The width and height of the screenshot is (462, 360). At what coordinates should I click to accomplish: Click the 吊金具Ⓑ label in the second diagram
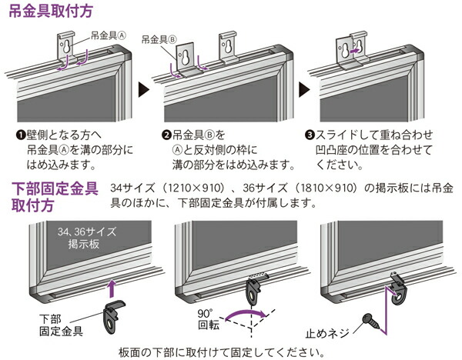click(x=159, y=36)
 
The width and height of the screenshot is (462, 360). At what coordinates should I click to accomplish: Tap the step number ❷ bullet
click(x=167, y=132)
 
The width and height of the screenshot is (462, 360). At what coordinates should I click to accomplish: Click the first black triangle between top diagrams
click(x=142, y=88)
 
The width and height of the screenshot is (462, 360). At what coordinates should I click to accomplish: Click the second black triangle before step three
click(x=303, y=88)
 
